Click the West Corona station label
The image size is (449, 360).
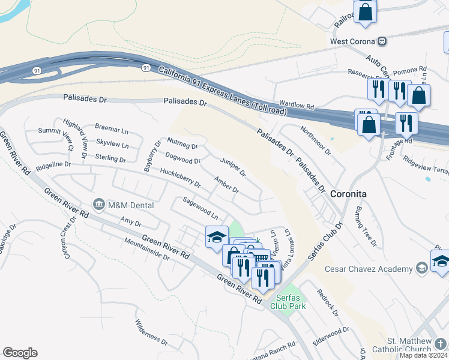352,41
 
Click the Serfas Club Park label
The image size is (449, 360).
288,302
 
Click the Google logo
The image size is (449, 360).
20,353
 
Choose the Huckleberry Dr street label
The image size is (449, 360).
180,181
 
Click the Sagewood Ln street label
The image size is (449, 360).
200,208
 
